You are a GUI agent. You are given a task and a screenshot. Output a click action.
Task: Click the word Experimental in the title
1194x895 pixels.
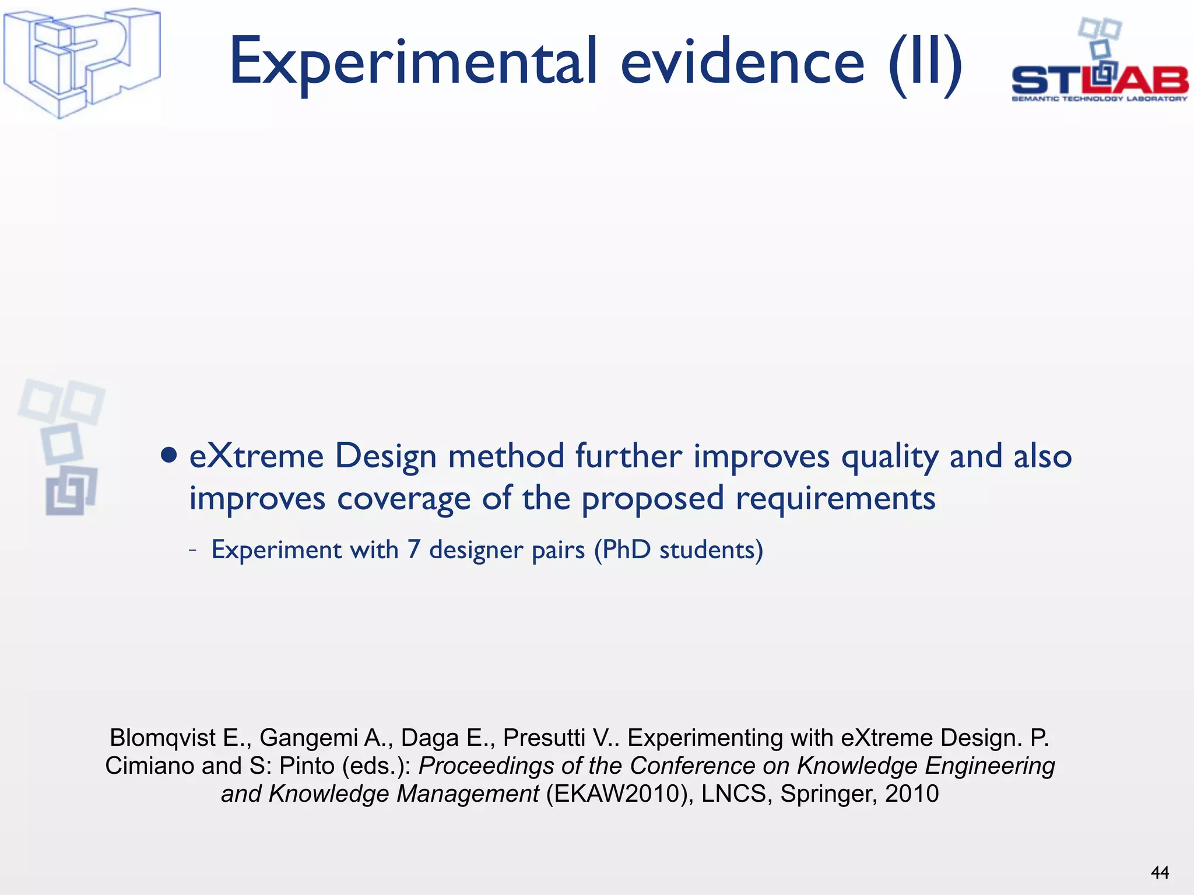(413, 63)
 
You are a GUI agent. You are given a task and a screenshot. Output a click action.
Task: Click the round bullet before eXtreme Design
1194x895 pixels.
(169, 455)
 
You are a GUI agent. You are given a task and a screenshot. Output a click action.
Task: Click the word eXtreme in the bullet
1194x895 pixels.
(257, 456)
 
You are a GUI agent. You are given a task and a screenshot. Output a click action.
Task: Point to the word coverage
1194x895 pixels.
(403, 499)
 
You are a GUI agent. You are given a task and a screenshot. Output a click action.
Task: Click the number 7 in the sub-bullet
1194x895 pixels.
(413, 549)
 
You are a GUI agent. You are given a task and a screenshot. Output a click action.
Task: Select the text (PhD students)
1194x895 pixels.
(678, 550)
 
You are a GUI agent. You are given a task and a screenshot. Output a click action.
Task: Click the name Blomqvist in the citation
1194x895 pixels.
(163, 738)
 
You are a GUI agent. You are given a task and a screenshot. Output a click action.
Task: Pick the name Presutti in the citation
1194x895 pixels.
(543, 738)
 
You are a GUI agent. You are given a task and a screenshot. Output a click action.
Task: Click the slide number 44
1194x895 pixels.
(1160, 872)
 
